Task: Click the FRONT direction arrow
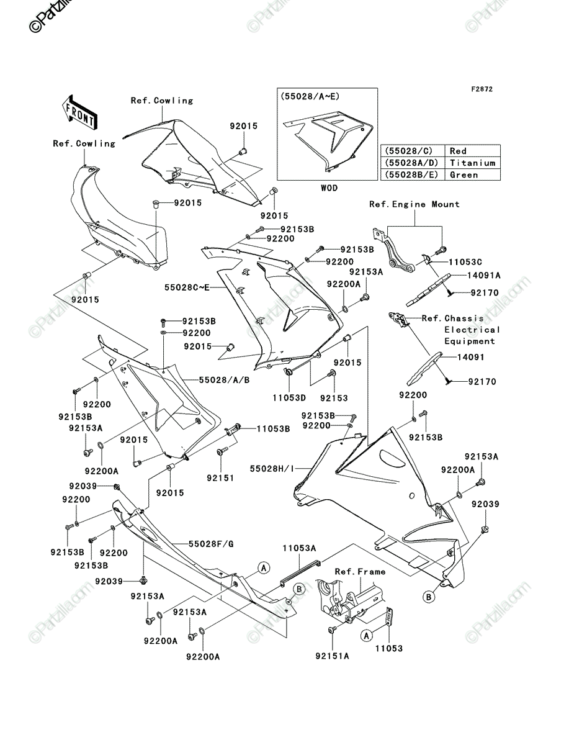pyautogui.click(x=79, y=112)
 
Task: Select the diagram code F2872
pyautogui.click(x=482, y=89)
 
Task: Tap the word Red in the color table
pyautogui.click(x=458, y=151)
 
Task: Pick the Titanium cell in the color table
pyautogui.click(x=472, y=163)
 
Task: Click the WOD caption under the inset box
pyautogui.click(x=329, y=187)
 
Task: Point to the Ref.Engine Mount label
pyautogui.click(x=414, y=204)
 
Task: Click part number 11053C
pyautogui.click(x=465, y=262)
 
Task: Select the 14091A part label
pyautogui.click(x=484, y=275)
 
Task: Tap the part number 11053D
pyautogui.click(x=289, y=398)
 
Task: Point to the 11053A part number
pyautogui.click(x=300, y=548)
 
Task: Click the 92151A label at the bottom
pyautogui.click(x=333, y=656)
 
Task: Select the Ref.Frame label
pyautogui.click(x=360, y=572)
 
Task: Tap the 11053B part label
pyautogui.click(x=273, y=428)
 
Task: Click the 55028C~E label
pyautogui.click(x=187, y=287)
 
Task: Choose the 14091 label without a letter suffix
pyautogui.click(x=471, y=357)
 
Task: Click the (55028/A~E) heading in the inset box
pyautogui.click(x=310, y=96)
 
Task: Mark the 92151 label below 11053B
pyautogui.click(x=220, y=478)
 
